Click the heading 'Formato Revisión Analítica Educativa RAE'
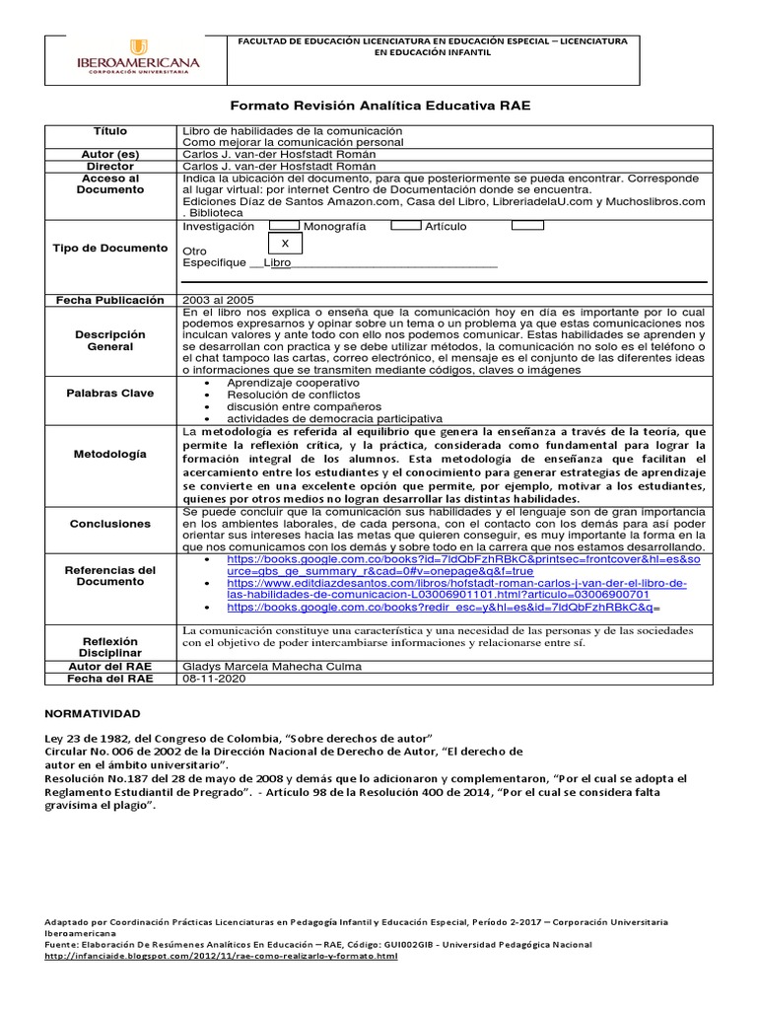click(x=379, y=106)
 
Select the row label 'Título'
click(x=110, y=131)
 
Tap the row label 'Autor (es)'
click(x=110, y=155)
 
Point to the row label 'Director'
click(x=110, y=167)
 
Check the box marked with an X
click(x=285, y=243)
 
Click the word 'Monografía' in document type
click(x=334, y=227)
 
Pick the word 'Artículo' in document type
click(x=446, y=227)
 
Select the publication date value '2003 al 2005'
click(x=219, y=299)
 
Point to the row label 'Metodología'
click(x=110, y=454)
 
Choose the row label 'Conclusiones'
click(x=110, y=524)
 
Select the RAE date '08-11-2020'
click(x=212, y=680)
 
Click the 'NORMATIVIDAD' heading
click(x=94, y=713)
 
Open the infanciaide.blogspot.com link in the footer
click(x=222, y=956)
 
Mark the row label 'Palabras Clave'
click(x=110, y=394)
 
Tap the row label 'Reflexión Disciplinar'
click(x=110, y=647)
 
